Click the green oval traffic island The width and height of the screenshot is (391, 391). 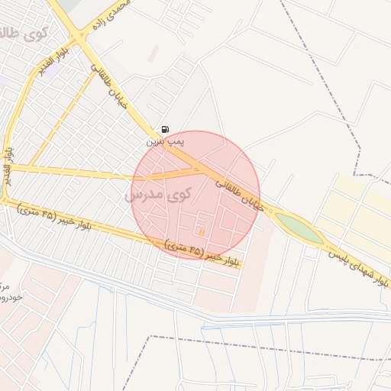(298, 227)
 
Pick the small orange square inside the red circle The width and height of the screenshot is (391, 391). (202, 231)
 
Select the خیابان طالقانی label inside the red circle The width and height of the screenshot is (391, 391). (239, 192)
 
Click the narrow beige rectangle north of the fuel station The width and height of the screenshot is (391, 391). (155, 54)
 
